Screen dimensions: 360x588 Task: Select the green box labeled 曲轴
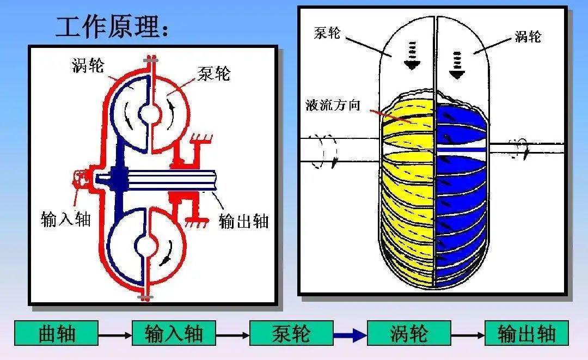coord(56,333)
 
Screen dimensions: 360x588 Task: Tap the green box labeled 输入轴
coord(174,333)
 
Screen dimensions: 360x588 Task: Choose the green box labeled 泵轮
coord(291,333)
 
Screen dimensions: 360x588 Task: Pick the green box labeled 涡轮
coord(409,333)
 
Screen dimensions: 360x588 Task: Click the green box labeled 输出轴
coord(526,333)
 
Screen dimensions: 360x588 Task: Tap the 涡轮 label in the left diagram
coord(88,66)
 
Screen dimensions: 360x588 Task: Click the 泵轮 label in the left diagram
coord(213,73)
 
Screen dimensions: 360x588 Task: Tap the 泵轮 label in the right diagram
coord(327,33)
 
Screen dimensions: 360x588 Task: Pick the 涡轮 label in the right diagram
coord(528,36)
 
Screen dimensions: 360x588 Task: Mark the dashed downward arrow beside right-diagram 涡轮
coord(456,63)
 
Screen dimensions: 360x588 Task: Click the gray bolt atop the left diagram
coord(148,59)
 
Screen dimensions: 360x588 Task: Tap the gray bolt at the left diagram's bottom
coord(146,296)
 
